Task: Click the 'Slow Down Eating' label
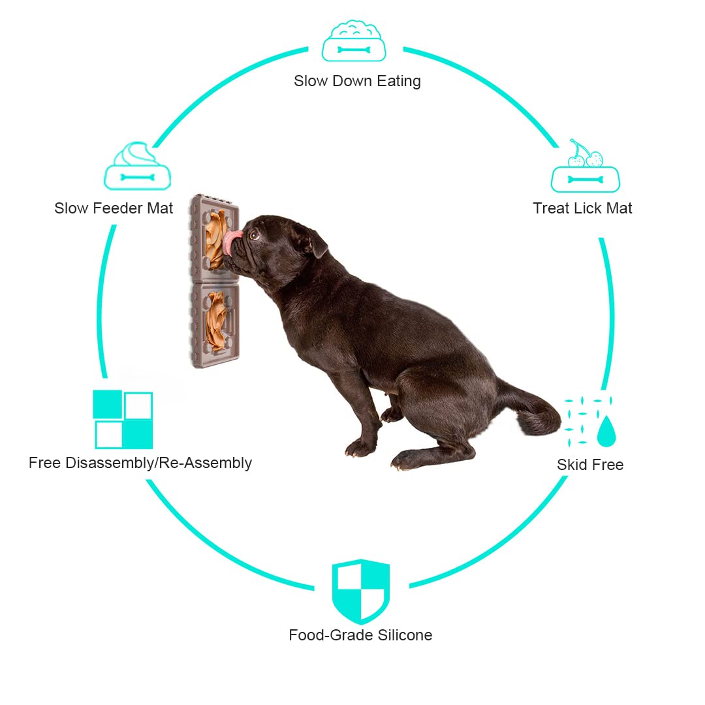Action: tap(357, 81)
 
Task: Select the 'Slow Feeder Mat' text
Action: tap(114, 208)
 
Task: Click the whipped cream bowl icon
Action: tap(137, 167)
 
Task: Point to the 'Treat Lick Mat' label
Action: tap(582, 208)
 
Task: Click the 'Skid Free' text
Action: tap(590, 465)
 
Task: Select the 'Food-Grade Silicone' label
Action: tap(360, 635)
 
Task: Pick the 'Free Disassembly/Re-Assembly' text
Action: tap(140, 463)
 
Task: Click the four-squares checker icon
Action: tap(123, 420)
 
